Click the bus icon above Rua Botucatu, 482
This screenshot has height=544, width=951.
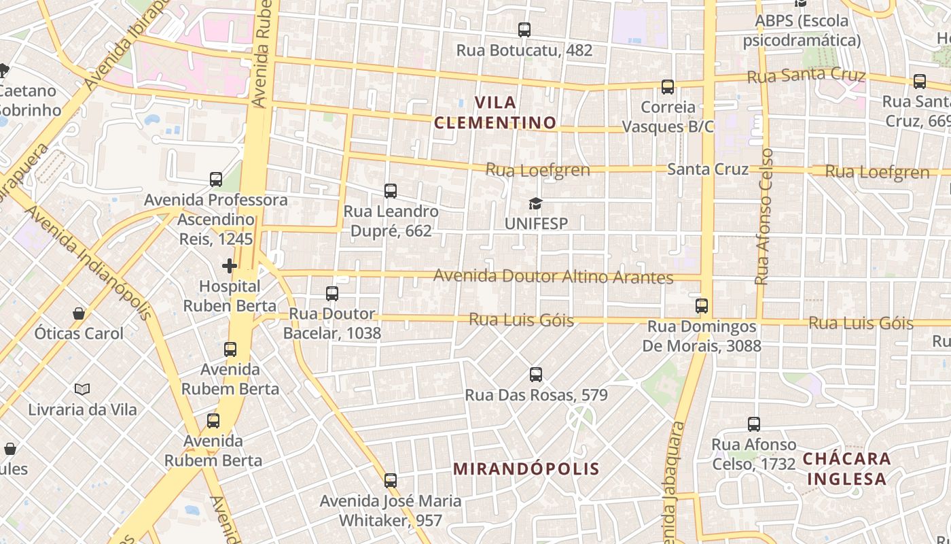pyautogui.click(x=524, y=30)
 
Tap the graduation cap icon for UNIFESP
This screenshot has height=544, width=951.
pyautogui.click(x=536, y=203)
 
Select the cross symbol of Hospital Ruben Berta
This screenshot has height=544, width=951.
pyautogui.click(x=230, y=265)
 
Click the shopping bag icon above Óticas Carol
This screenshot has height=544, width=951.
pyautogui.click(x=79, y=313)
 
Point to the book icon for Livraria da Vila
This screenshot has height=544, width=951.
pyautogui.click(x=82, y=390)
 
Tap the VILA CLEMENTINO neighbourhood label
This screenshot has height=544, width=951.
pyautogui.click(x=495, y=113)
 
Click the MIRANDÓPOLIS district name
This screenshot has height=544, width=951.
pyautogui.click(x=526, y=469)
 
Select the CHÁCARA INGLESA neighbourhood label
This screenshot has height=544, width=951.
pyautogui.click(x=846, y=469)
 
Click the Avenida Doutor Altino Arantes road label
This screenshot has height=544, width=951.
pyautogui.click(x=553, y=277)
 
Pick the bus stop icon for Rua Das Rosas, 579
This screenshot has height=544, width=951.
pyautogui.click(x=536, y=375)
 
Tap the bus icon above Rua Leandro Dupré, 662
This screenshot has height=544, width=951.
pyautogui.click(x=391, y=191)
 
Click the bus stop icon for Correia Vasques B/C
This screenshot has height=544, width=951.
pyautogui.click(x=668, y=87)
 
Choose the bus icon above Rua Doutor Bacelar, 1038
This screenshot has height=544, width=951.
pyautogui.click(x=332, y=294)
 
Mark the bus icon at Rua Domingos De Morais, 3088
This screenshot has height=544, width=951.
pyautogui.click(x=702, y=306)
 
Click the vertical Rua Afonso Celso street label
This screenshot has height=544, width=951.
pyautogui.click(x=764, y=216)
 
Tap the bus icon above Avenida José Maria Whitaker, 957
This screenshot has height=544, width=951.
pyautogui.click(x=391, y=481)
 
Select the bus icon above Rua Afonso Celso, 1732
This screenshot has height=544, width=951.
pyautogui.click(x=754, y=424)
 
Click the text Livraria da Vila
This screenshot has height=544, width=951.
pyautogui.click(x=82, y=409)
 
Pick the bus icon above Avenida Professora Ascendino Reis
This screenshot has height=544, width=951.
pyautogui.click(x=216, y=180)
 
